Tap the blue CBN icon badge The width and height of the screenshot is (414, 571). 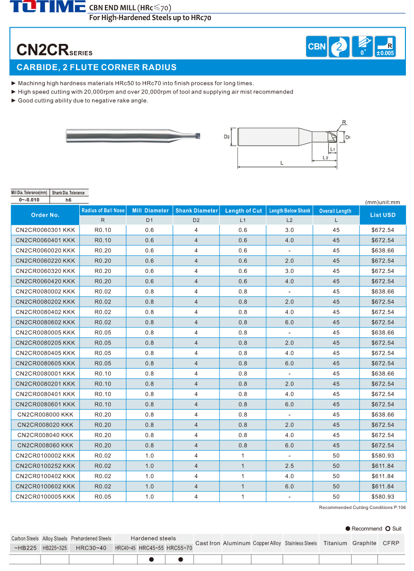pyautogui.click(x=316, y=47)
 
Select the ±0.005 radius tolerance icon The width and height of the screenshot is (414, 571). pyautogui.click(x=385, y=47)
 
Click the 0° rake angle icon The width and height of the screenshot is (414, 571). pyautogui.click(x=362, y=47)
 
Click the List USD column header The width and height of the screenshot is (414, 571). pyautogui.click(x=383, y=215)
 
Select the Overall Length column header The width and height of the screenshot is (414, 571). pyautogui.click(x=335, y=210)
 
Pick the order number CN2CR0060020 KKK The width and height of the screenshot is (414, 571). pyautogui.click(x=45, y=250)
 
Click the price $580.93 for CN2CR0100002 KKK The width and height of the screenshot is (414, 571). pyautogui.click(x=383, y=456)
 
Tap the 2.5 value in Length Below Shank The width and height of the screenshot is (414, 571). pyautogui.click(x=290, y=466)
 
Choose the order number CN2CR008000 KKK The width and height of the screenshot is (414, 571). pyautogui.click(x=45, y=415)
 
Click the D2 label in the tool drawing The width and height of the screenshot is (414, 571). pyautogui.click(x=227, y=137)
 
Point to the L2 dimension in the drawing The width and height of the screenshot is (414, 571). pyautogui.click(x=325, y=157)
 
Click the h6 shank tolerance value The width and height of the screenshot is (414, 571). pyautogui.click(x=68, y=200)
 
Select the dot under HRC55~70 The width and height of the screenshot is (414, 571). pyautogui.click(x=180, y=560)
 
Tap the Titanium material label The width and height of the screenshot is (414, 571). pyautogui.click(x=335, y=543)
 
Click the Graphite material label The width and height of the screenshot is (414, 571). pyautogui.click(x=364, y=543)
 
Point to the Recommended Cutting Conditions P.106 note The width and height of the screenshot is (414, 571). pyautogui.click(x=362, y=508)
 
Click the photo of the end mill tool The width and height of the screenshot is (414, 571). pyautogui.click(x=132, y=135)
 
